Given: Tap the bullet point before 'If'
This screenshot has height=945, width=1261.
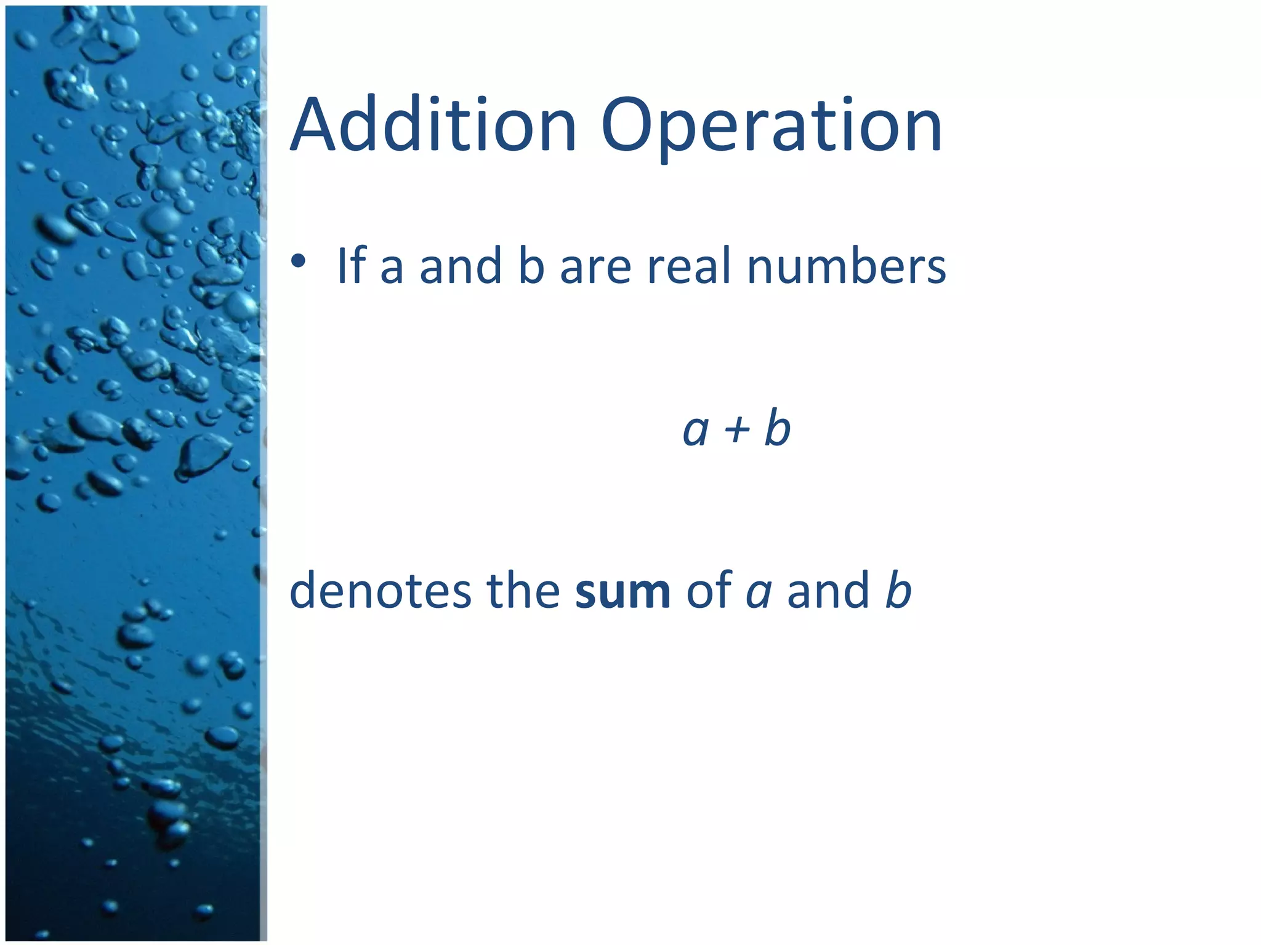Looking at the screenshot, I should (299, 261).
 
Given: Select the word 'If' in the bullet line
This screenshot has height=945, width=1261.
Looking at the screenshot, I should (352, 266).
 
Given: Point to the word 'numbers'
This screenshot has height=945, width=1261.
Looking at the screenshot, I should (846, 266).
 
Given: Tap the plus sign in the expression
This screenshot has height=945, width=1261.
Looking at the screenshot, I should (737, 429).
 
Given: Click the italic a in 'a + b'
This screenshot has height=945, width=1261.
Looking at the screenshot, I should (696, 431).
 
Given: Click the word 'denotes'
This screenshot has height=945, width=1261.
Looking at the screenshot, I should (381, 591).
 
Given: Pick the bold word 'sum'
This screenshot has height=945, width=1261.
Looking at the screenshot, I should (622, 592).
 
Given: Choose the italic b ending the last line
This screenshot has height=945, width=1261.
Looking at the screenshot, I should (898, 589).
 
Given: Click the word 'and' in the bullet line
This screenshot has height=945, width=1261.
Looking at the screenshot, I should (461, 266).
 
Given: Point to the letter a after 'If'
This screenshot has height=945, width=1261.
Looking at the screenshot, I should (392, 269).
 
